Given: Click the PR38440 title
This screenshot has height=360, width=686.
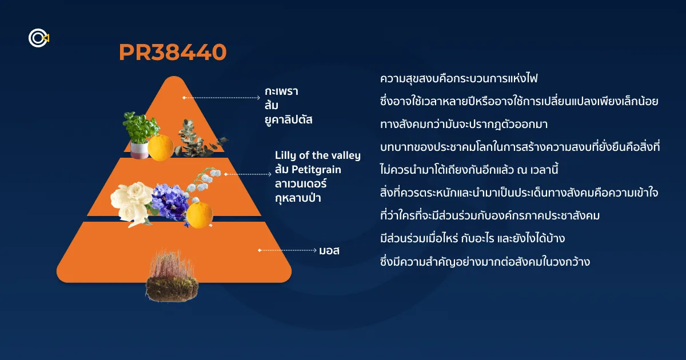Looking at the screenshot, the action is [173, 52].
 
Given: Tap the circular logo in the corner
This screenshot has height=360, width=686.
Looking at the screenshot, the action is [39, 38].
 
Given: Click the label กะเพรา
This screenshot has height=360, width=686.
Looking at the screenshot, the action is [281, 91].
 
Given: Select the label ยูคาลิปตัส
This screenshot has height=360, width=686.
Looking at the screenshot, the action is [289, 119].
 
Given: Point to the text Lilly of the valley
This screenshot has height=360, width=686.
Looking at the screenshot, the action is [318, 155].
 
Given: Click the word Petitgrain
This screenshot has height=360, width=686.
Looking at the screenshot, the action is [316, 169].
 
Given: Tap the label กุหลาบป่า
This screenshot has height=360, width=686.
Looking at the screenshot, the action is [298, 198].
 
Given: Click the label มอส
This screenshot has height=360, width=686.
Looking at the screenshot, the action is [329, 251].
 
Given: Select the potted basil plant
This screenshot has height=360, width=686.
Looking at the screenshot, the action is [140, 135].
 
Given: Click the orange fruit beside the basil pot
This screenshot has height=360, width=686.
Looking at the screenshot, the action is [161, 148].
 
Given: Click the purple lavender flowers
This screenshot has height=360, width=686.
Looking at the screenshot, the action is [170, 201].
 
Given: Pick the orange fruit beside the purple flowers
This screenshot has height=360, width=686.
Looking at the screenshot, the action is [200, 215].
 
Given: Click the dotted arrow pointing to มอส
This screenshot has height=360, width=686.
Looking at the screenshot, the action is [288, 250].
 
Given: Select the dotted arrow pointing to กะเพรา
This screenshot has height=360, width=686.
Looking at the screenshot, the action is [221, 98].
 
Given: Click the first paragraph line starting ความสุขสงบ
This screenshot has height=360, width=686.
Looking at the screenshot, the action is [458, 78].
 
